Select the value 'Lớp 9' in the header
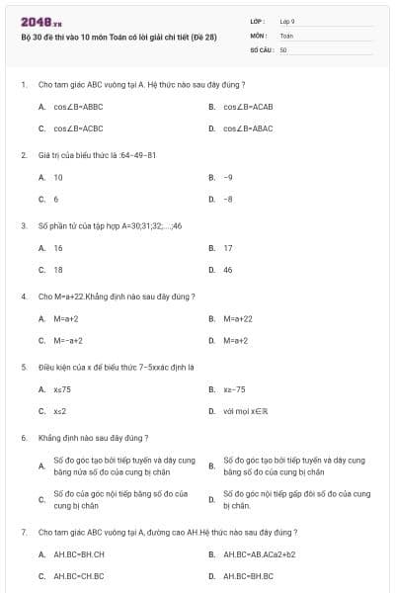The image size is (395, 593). [287, 20]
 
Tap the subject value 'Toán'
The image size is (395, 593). [286, 35]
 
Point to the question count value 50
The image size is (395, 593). [283, 48]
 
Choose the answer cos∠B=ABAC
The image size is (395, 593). [248, 128]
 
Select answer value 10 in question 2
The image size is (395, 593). [58, 177]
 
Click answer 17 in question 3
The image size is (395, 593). [228, 248]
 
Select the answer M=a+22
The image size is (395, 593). [238, 319]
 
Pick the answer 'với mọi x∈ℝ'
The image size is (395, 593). [243, 411]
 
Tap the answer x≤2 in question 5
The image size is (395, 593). [60, 411]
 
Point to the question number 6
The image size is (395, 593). [24, 437]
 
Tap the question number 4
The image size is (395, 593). [24, 296]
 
